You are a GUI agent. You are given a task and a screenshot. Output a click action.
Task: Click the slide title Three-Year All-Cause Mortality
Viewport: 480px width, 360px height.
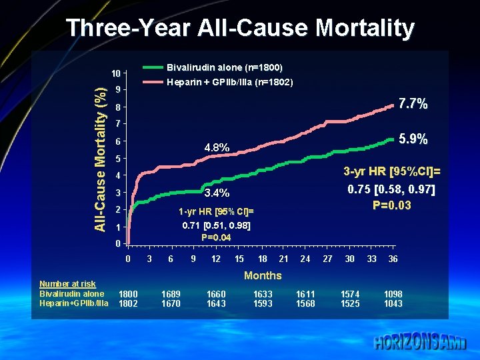(x=240, y=28)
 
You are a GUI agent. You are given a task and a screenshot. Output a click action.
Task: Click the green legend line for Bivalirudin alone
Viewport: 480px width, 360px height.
(x=153, y=67)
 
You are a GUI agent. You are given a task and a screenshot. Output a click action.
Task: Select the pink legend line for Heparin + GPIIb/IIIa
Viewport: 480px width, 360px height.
(x=153, y=82)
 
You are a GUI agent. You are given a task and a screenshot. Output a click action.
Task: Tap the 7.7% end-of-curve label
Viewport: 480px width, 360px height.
(x=413, y=105)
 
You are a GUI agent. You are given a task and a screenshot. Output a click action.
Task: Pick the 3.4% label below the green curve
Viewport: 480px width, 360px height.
(x=217, y=193)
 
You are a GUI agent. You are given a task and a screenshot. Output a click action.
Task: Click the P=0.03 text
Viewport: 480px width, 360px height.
(x=392, y=205)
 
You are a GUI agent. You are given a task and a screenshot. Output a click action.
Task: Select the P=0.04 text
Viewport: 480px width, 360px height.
(x=216, y=237)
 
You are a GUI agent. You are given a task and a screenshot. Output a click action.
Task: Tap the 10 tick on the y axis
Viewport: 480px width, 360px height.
(x=116, y=73)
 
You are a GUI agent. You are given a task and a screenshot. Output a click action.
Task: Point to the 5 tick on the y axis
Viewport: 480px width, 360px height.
(x=118, y=159)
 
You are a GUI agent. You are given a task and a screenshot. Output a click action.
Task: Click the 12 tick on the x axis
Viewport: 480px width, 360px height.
(x=216, y=259)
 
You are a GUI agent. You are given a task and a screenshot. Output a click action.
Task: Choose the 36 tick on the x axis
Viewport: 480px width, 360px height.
(x=393, y=259)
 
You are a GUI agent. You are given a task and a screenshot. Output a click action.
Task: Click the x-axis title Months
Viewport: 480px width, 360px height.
(x=263, y=275)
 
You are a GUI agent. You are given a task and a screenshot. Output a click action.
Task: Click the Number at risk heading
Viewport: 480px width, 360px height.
(x=67, y=284)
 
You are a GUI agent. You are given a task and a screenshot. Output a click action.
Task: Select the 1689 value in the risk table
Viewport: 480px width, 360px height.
(x=171, y=294)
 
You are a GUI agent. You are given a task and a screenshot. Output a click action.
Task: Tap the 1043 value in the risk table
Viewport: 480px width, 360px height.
(x=393, y=303)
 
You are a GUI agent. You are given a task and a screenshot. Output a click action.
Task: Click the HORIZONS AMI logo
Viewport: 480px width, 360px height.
(x=420, y=343)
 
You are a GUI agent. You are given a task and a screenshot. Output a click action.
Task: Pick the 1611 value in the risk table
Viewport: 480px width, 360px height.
(x=306, y=294)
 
